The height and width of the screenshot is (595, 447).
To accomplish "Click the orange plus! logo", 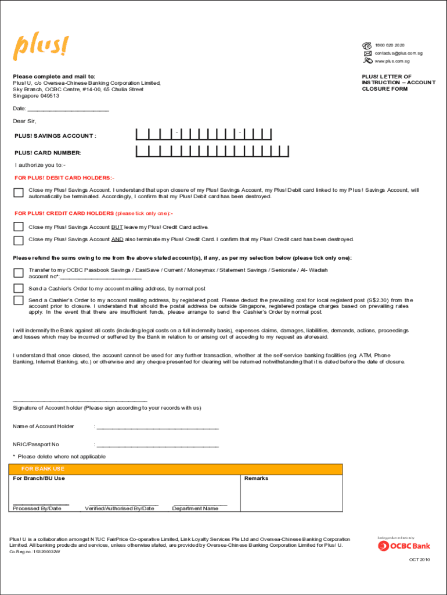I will point(41,47).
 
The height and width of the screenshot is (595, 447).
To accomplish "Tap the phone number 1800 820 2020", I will point(390,45).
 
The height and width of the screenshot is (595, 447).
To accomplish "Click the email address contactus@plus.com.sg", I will point(398,53).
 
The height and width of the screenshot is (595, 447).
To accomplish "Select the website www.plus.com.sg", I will point(392,61).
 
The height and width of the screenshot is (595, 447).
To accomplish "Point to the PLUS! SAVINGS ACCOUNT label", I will point(55,136).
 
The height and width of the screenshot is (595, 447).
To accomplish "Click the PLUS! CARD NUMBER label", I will point(48,153).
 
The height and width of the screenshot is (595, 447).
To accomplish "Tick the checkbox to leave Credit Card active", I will point(19,227).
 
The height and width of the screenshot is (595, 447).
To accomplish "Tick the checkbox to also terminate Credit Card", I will point(19,240).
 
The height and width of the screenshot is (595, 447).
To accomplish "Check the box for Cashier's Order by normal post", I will point(19,288).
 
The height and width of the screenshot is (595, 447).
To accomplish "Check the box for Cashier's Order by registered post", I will point(19,300).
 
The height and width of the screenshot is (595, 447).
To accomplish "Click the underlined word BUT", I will point(117,227).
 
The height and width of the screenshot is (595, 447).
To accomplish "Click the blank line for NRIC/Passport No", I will point(157,446).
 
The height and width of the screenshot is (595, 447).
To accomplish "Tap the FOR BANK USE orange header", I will point(175,469).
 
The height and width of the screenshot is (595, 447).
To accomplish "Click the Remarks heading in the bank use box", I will point(256,478).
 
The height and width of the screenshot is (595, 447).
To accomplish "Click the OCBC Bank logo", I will point(404,546).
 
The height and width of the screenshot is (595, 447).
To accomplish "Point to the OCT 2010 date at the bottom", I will point(419,560).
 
